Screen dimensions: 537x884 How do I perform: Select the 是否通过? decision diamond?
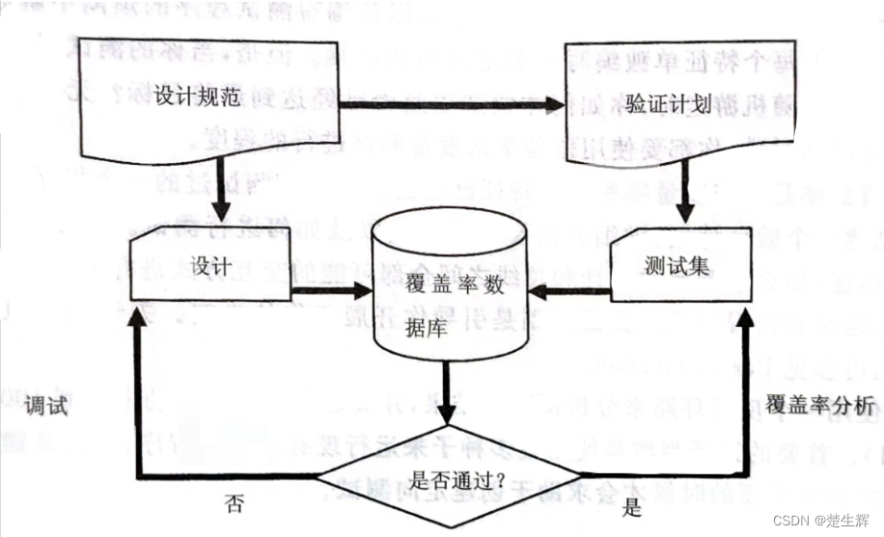[x=449, y=476]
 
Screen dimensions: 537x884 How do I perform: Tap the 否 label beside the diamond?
[x=234, y=502]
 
